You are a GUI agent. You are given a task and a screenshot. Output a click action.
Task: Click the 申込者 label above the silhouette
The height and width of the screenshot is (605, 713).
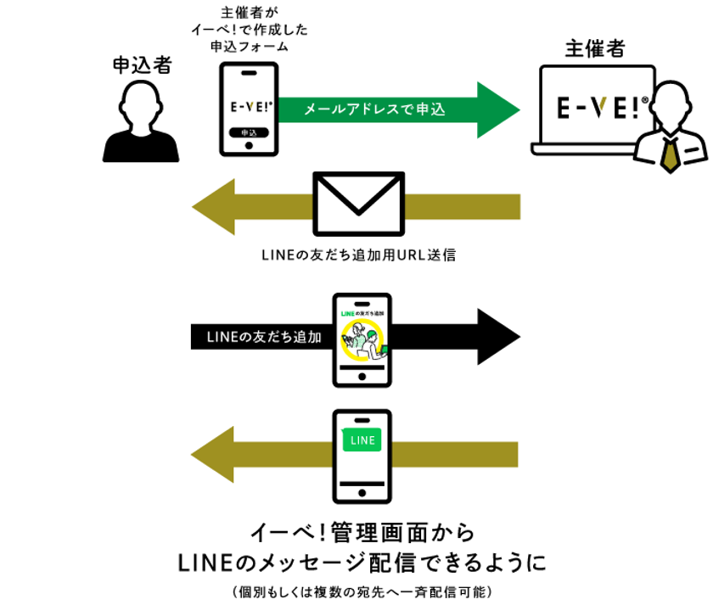pos(141,65)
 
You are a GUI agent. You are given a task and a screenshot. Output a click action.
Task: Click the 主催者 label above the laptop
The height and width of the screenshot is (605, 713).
pos(594,48)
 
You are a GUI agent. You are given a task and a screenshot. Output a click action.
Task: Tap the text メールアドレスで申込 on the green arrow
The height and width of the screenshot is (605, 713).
pos(373,109)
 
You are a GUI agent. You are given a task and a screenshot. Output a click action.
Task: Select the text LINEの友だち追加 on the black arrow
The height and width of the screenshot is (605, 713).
pos(263,337)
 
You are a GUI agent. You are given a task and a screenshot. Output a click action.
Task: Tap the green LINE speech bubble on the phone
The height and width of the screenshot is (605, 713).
pos(362,440)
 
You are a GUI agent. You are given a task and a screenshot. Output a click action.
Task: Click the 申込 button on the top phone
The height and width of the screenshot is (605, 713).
pos(249,132)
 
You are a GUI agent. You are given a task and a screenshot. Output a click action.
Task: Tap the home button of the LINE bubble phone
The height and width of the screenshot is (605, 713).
pos(362,491)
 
